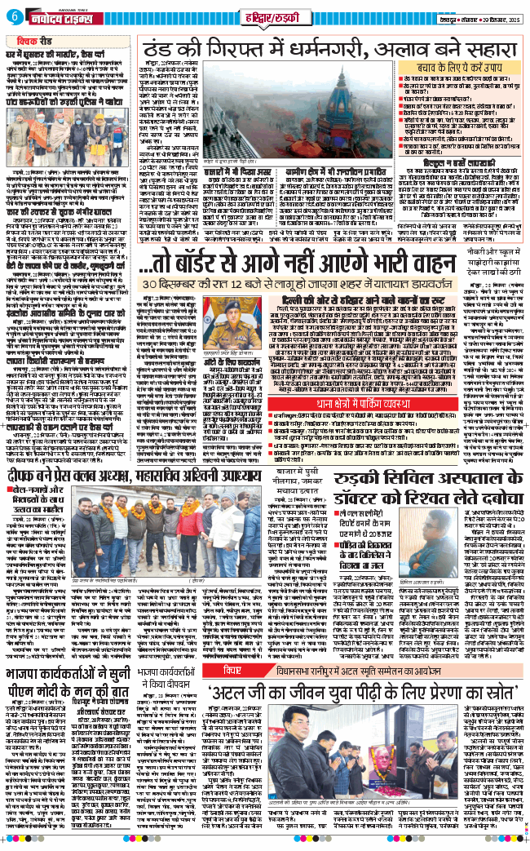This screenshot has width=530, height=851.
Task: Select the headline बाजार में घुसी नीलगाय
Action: [244, 482]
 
